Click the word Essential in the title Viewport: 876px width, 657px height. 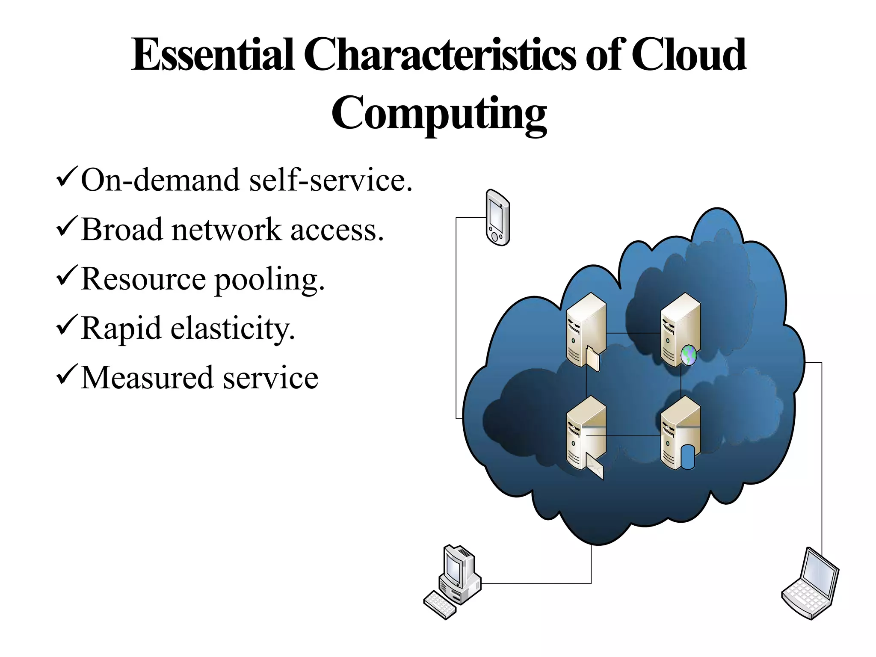click(213, 56)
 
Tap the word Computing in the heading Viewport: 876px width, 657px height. click(439, 114)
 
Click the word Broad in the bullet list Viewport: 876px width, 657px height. click(122, 230)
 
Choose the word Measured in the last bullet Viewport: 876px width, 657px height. click(147, 378)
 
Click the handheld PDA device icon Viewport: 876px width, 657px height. click(498, 218)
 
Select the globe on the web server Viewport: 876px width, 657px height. click(688, 355)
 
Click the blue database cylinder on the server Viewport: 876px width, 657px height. click(687, 457)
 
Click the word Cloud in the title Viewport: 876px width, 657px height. click(688, 56)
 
